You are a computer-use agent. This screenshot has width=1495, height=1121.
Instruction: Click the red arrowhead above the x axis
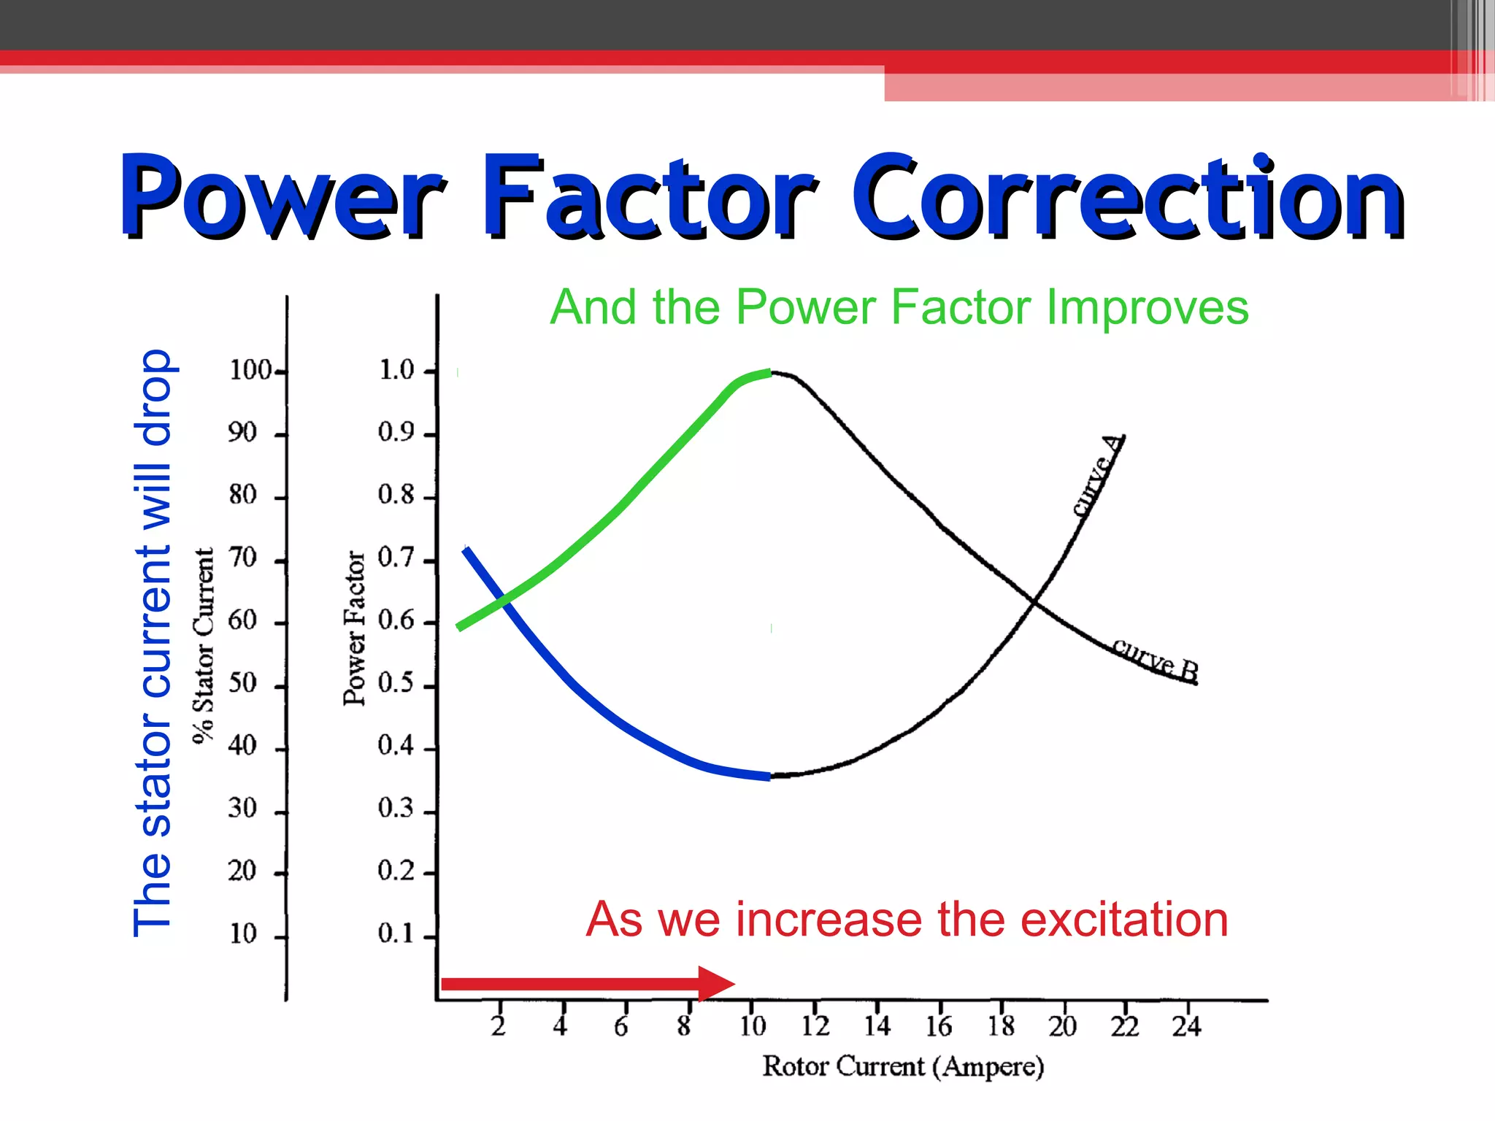pos(715,984)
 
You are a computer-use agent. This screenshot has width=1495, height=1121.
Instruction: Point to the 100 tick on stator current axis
pos(250,370)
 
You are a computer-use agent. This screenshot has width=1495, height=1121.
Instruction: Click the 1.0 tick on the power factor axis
pos(396,370)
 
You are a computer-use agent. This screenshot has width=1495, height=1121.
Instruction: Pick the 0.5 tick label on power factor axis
pos(396,683)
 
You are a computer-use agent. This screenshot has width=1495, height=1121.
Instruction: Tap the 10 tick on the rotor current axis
pos(753,1026)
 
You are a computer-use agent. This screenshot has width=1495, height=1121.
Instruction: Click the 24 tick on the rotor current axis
pos(1186,1026)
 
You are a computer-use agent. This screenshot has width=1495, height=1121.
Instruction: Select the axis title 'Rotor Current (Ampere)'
pos(903,1066)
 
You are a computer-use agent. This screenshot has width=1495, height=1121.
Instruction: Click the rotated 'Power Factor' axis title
pos(354,628)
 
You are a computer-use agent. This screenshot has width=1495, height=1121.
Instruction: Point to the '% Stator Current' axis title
pos(204,645)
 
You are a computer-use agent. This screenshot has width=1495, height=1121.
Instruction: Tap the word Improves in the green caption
pos(1148,307)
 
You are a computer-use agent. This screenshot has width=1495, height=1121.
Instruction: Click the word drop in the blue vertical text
pos(153,398)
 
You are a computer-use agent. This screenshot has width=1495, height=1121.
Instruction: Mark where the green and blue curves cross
pos(504,601)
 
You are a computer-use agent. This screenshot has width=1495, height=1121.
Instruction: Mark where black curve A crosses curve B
pos(1034,601)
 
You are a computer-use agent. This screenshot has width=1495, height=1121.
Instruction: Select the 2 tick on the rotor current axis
pos(499,1026)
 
